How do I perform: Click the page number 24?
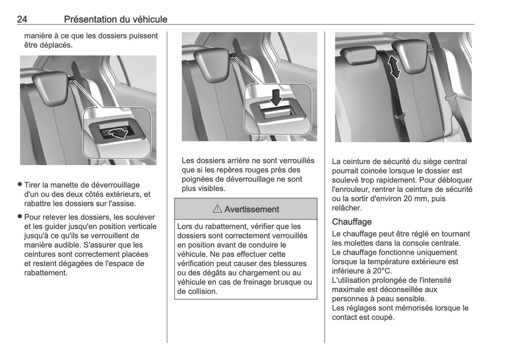tap(22, 19)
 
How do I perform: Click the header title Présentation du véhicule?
tap(116, 19)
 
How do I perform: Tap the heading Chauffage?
tap(352, 222)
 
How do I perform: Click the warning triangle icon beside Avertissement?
tap(217, 209)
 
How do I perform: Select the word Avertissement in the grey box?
tap(251, 209)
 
